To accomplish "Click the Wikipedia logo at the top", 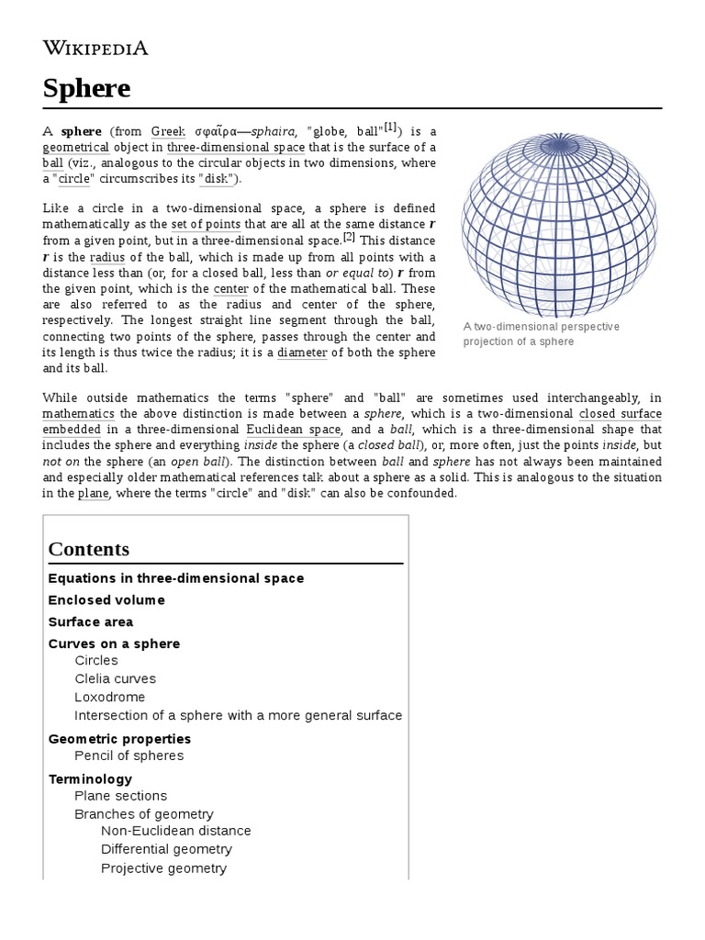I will coord(95,48).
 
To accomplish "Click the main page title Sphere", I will coord(86,89).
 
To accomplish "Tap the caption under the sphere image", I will coord(542,334).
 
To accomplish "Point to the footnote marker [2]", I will coord(349,238).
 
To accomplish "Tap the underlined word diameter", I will coord(302,352).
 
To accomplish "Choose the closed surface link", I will coord(621,414).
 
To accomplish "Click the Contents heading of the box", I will coord(89,549).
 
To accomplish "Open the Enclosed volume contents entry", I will coord(106,600).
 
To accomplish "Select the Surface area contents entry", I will coord(91,622).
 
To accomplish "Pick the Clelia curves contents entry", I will coord(116,679).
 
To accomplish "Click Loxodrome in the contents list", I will coord(110,698).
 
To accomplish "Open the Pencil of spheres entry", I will coord(129,755).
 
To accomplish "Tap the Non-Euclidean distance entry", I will coord(176,831).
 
